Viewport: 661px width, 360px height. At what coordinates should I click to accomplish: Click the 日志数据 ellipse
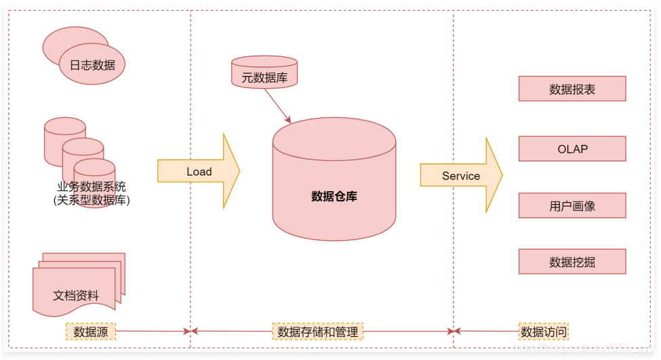point(92,65)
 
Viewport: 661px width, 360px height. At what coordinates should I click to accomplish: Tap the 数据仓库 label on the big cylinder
point(334,197)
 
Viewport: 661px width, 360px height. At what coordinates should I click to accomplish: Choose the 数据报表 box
point(572,89)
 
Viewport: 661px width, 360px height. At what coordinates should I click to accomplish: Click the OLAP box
point(572,148)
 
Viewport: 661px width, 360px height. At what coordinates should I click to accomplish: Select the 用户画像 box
point(572,205)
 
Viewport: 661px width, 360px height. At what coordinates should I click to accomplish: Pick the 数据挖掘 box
point(572,262)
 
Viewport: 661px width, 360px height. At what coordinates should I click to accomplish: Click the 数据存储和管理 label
point(318,332)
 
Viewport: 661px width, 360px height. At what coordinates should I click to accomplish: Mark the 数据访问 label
point(544,332)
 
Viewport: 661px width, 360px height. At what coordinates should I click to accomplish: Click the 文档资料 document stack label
point(76,296)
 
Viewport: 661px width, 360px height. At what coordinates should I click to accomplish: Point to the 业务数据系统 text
point(92,187)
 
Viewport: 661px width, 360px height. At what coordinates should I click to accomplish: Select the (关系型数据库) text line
point(92,200)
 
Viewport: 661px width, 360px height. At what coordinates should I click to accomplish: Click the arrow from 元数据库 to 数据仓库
point(278,106)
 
